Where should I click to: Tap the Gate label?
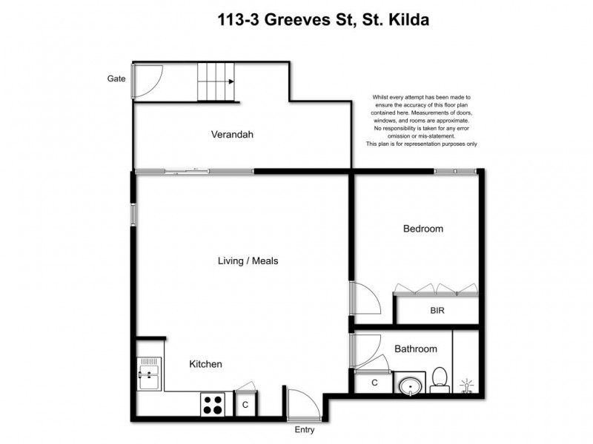116,78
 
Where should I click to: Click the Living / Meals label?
248,260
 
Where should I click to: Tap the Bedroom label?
423,229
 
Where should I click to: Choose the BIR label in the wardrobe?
437,312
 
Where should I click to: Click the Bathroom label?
415,349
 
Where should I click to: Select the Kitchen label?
205,364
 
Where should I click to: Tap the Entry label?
305,430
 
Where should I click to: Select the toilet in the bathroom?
439,378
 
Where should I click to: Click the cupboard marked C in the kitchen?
245,405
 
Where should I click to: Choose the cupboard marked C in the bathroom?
374,383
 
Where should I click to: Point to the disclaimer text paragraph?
421,121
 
